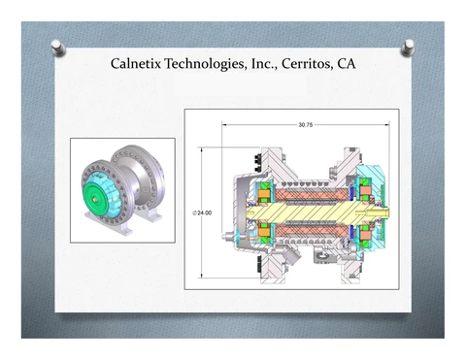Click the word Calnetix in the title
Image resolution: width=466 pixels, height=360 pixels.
pyautogui.click(x=136, y=63)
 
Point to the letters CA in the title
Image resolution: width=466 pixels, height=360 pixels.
pyautogui.click(x=347, y=64)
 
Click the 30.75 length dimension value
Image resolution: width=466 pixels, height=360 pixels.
pyautogui.click(x=306, y=125)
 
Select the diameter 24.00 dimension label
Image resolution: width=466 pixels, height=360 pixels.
pyautogui.click(x=203, y=213)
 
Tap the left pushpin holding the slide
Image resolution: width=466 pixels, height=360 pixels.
pyautogui.click(x=58, y=48)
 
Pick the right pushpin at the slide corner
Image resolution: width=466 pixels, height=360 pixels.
pyautogui.click(x=408, y=48)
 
